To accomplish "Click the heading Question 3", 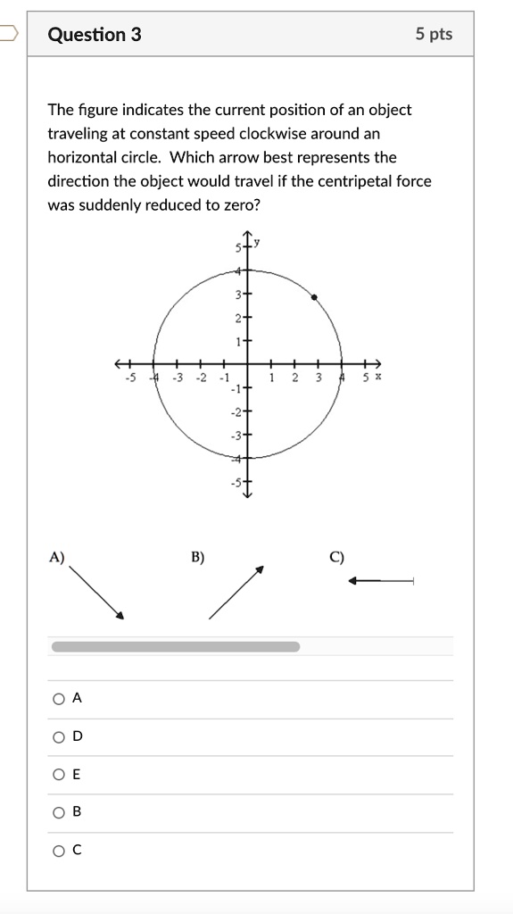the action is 94,35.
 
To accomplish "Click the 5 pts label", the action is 434,35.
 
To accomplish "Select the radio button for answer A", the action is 59,699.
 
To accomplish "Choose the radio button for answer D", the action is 59,737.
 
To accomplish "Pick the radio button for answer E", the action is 59,775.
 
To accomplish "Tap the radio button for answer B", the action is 59,812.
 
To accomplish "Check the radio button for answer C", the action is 59,851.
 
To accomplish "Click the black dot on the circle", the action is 314,297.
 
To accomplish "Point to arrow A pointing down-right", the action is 96,590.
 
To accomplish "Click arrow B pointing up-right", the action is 236,592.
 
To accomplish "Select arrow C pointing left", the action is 382,581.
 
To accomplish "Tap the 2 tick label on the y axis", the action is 238,318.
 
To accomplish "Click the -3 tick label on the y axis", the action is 236,436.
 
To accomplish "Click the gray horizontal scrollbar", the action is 176,646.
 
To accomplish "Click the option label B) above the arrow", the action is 197,558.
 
